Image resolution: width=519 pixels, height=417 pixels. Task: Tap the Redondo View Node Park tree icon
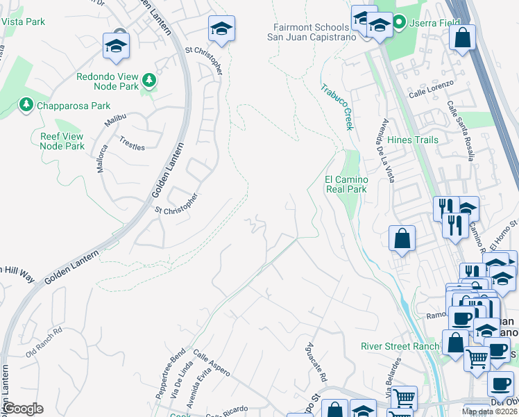148,81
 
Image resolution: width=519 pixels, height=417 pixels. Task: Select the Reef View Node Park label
62,141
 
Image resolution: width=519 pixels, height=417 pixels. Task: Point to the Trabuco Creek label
337,107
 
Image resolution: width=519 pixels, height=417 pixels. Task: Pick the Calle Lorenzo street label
431,88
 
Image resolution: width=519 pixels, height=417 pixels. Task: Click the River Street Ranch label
400,346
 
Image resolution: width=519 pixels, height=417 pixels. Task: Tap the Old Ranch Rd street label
44,341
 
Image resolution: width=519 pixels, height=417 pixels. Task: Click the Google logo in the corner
24,409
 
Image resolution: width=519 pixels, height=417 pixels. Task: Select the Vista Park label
23,22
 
